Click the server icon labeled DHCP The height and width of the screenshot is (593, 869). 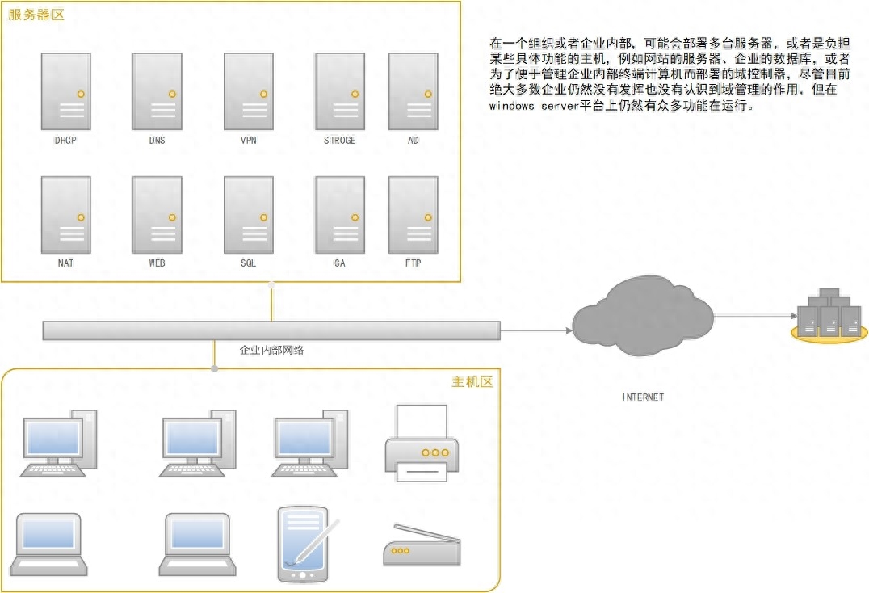pyautogui.click(x=66, y=91)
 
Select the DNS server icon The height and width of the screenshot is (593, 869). pyautogui.click(x=157, y=91)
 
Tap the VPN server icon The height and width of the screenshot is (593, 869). pyautogui.click(x=248, y=91)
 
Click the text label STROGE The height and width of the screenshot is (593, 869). pyautogui.click(x=339, y=141)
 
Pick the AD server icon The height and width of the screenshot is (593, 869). pyautogui.click(x=413, y=91)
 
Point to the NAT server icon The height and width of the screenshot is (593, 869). pyautogui.click(x=66, y=215)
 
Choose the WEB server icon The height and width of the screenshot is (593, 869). pyautogui.click(x=157, y=215)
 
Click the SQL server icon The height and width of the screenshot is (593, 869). pyautogui.click(x=248, y=215)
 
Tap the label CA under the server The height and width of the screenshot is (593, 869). pyautogui.click(x=339, y=263)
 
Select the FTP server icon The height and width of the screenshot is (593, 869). pyautogui.click(x=413, y=215)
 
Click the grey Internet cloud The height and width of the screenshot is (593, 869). pyautogui.click(x=643, y=318)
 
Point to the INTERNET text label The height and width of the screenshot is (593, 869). pyautogui.click(x=643, y=397)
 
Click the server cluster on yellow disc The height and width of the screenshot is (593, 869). pyautogui.click(x=829, y=316)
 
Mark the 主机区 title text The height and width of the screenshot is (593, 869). pyautogui.click(x=472, y=381)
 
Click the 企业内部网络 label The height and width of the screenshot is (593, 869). pyautogui.click(x=271, y=351)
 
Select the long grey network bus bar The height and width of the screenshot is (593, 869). pyautogui.click(x=271, y=330)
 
